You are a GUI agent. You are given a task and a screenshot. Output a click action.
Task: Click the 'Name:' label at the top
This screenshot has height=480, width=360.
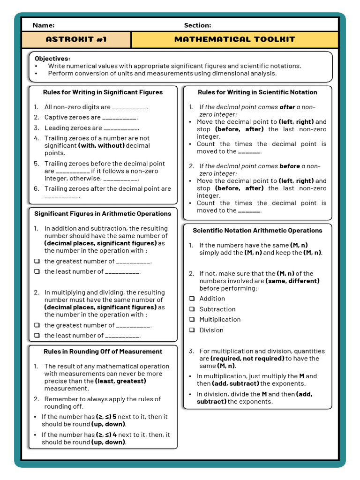point(43,25)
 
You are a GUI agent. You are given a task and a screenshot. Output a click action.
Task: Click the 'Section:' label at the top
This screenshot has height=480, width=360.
point(197,25)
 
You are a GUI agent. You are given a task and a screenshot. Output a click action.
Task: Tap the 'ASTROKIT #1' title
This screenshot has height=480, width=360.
point(76,39)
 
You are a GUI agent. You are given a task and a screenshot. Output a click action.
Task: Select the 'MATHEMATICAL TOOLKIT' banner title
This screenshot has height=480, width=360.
point(234,39)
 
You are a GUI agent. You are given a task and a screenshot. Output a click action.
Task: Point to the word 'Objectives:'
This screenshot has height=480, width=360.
point(52,59)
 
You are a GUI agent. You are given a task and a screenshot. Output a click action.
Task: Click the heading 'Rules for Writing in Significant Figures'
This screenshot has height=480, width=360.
point(103,92)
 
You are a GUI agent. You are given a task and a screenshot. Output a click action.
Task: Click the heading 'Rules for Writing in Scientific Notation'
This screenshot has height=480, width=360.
point(257,92)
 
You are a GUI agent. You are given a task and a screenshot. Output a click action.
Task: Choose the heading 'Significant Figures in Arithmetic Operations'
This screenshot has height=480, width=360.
point(103,214)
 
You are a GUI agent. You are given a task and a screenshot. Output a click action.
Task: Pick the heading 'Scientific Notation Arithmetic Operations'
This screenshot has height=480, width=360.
point(257,231)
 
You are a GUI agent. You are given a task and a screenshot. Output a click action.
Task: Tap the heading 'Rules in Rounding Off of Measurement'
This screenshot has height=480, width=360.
point(103,352)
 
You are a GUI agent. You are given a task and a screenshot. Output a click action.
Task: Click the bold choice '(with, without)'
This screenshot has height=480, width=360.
point(101,146)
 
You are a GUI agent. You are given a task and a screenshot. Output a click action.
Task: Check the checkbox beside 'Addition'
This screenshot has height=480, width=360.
point(192,299)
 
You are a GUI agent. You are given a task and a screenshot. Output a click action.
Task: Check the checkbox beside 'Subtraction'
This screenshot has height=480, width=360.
point(192,309)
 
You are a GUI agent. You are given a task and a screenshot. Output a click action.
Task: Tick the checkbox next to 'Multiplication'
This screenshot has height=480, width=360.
point(192,320)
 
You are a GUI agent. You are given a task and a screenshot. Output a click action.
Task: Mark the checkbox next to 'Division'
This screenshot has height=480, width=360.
point(192,330)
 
